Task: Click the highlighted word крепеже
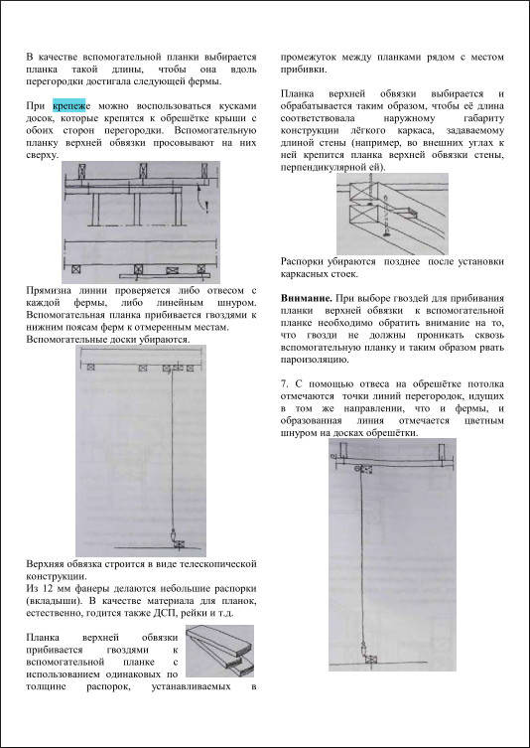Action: pos(69,106)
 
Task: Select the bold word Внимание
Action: pos(307,299)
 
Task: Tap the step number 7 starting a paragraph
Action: pos(285,385)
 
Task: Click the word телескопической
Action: pos(218,564)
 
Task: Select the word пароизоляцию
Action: pos(315,360)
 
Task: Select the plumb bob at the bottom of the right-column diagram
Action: pos(363,649)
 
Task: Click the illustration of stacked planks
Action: pos(219,651)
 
